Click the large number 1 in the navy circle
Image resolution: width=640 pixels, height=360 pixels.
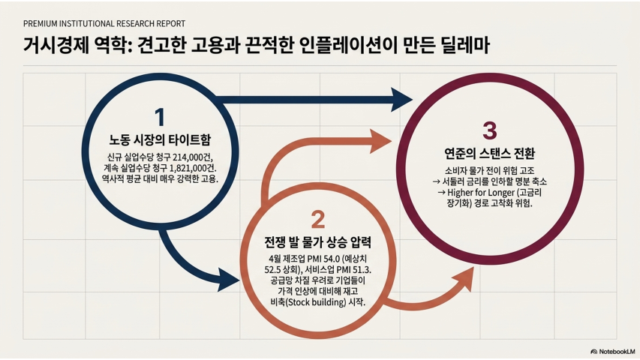click(160, 117)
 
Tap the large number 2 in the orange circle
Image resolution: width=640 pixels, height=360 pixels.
click(318, 219)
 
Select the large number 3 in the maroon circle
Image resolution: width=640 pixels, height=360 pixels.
click(490, 130)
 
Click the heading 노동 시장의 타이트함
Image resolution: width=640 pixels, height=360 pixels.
click(160, 139)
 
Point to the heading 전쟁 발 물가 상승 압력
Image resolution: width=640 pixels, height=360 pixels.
click(317, 242)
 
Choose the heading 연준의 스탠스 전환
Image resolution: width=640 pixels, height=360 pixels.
click(489, 154)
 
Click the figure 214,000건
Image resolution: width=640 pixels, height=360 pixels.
click(193, 157)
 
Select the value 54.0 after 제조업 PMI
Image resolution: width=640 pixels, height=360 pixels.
click(332, 259)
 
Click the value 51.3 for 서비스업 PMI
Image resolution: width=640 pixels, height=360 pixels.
click(363, 270)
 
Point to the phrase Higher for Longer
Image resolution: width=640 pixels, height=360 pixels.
click(481, 192)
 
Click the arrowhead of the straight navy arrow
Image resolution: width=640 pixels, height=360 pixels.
click(401, 99)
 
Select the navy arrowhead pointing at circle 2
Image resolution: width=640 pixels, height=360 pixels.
click(229, 280)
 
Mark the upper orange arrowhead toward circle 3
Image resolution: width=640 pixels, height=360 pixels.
click(380, 141)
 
